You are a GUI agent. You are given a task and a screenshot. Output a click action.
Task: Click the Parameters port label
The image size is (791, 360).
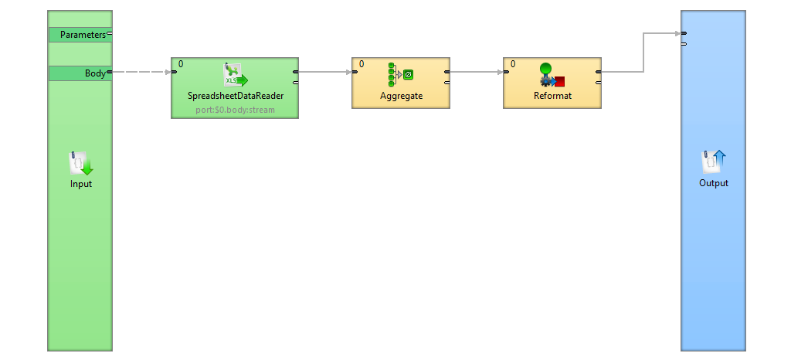point(82,35)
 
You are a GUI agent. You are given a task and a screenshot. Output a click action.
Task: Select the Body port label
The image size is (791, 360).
point(95,73)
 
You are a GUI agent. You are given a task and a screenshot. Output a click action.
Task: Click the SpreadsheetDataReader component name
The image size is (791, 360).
point(236,97)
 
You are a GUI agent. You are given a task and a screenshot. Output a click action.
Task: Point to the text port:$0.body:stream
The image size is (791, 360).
point(236,110)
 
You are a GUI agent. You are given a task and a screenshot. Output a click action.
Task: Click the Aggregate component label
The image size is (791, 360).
point(402,97)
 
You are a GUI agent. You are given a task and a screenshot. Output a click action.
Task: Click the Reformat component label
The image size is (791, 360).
point(552,97)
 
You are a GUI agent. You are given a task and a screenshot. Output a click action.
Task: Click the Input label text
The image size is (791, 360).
point(81,184)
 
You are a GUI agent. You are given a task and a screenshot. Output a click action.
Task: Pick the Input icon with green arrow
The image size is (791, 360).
point(81,164)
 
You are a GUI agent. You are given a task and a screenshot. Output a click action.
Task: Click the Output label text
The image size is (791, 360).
point(714,184)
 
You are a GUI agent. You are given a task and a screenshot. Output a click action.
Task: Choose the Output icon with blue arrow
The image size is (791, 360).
point(714,161)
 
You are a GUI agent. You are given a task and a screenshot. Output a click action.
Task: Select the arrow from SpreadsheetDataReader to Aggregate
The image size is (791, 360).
point(324,73)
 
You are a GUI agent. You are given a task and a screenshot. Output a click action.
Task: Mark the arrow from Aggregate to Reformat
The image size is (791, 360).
point(476,73)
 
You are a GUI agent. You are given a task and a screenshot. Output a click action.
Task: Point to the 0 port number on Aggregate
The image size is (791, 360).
point(362,64)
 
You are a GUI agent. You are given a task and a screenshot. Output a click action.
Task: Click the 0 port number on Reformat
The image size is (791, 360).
point(513,64)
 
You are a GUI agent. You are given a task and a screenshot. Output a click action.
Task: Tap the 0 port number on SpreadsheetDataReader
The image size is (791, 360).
point(181,64)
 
